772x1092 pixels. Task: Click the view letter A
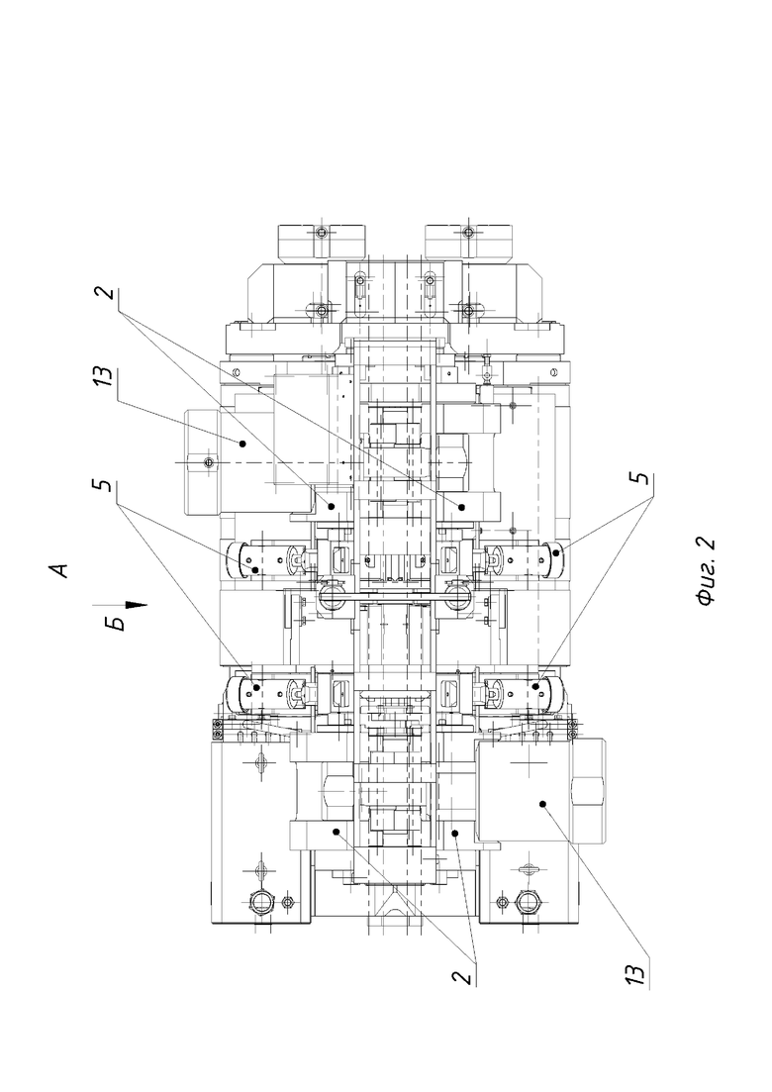coord(61,569)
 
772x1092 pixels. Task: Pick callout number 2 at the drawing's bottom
coord(463,976)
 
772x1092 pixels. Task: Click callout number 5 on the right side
coord(643,479)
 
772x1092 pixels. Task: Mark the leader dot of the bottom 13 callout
coord(543,804)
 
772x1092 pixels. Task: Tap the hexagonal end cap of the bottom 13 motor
coord(587,791)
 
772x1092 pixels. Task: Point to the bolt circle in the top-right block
coord(469,232)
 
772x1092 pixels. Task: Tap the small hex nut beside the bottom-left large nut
coord(287,903)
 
